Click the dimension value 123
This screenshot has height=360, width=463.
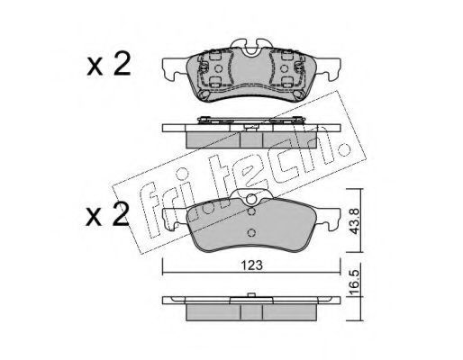[251, 265]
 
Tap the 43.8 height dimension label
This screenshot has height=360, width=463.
[354, 221]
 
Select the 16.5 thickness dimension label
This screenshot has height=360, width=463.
[354, 283]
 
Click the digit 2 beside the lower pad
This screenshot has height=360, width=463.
[120, 213]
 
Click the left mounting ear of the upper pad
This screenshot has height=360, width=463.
[174, 68]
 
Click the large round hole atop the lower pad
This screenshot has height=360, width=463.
[251, 199]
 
